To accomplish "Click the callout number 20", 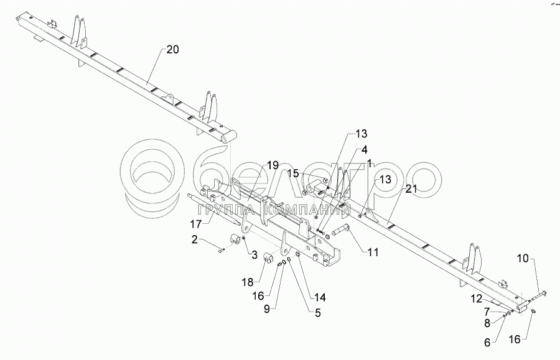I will pos(173,50).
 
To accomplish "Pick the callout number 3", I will pos(254,254).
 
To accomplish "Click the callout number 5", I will pos(317,313).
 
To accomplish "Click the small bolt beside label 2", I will pos(221,250).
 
